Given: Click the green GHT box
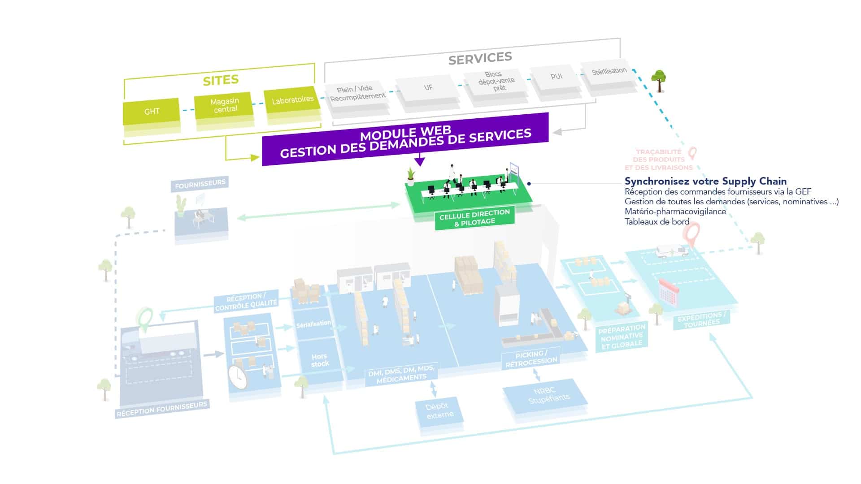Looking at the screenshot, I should click(x=152, y=111).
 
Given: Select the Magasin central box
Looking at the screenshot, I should click(x=224, y=105).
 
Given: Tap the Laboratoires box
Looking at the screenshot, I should click(x=292, y=99).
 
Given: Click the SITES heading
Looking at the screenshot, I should click(x=221, y=80).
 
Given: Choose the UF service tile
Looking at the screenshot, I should click(x=428, y=87).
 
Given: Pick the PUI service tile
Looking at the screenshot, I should click(x=556, y=77).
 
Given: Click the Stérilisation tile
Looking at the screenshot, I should click(x=609, y=71).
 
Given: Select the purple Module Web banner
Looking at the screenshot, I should click(x=405, y=139).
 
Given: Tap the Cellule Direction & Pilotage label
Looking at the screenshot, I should click(x=474, y=217).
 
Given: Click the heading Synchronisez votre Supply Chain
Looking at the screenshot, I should click(x=705, y=181).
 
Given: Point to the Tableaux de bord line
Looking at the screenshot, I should click(x=657, y=221).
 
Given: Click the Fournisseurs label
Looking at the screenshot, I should click(x=200, y=184).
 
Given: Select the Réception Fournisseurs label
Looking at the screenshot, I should click(x=162, y=409).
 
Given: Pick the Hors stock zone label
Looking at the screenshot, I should click(x=320, y=360).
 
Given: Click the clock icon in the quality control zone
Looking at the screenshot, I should click(x=238, y=377).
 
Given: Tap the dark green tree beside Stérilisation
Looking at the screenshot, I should click(x=659, y=79).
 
